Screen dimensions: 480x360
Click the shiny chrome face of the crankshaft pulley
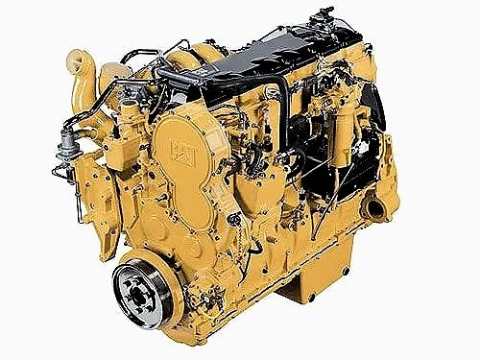[x=142, y=293]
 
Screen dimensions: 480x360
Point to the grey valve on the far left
[x=68, y=148]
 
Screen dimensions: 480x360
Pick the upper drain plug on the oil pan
[x=346, y=271]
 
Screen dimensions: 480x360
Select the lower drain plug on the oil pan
[x=310, y=296]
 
